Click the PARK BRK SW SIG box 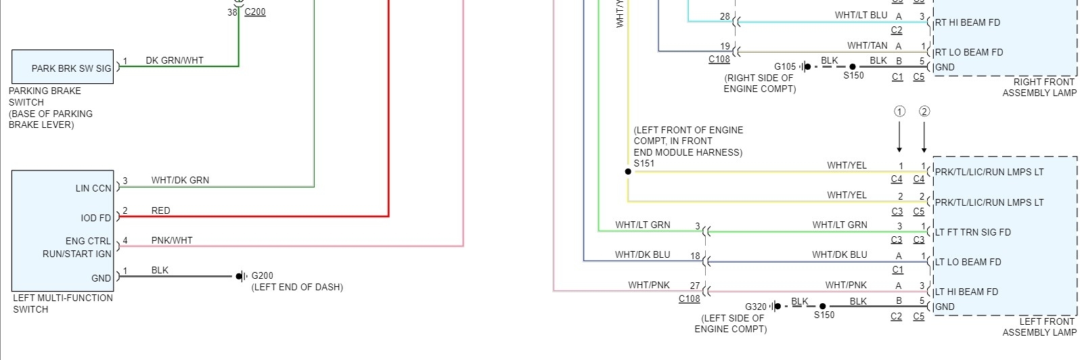(x=63, y=67)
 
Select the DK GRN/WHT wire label (x=175, y=60)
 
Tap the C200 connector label (x=255, y=12)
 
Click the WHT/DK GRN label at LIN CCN (x=180, y=180)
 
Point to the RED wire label (x=161, y=210)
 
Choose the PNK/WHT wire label (x=172, y=240)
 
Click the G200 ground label (x=262, y=275)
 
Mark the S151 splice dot (x=628, y=172)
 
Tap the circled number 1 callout (x=899, y=112)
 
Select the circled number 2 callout (x=924, y=112)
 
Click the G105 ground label (x=785, y=66)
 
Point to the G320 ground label (x=756, y=307)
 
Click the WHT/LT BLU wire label (x=861, y=15)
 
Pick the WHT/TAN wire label (x=867, y=45)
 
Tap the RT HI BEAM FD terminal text (x=968, y=22)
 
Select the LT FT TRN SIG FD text (x=973, y=232)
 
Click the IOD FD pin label (x=96, y=218)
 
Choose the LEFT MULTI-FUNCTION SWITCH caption (x=63, y=303)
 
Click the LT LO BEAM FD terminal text (x=968, y=262)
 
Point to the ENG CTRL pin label (x=88, y=241)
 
